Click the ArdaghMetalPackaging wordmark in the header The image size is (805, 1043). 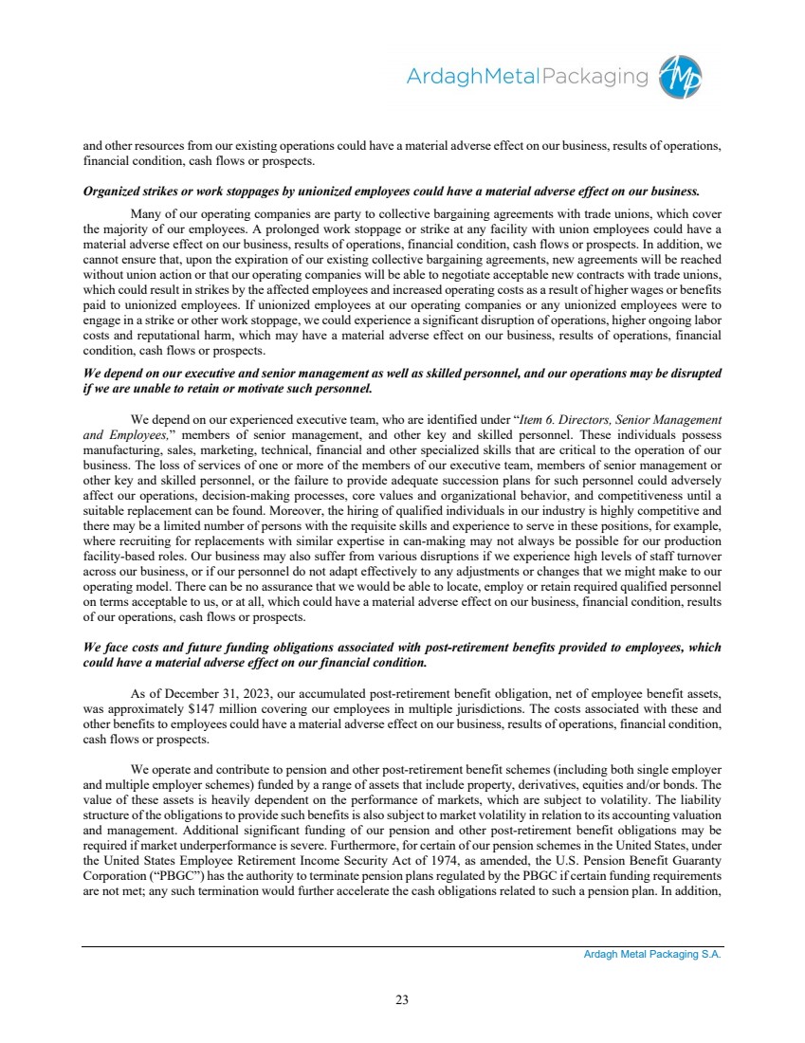pyautogui.click(x=526, y=77)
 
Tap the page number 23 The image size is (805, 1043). pyautogui.click(x=402, y=997)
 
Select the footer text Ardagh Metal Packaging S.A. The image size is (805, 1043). pyautogui.click(x=651, y=955)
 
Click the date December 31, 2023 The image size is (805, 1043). pyautogui.click(x=222, y=694)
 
